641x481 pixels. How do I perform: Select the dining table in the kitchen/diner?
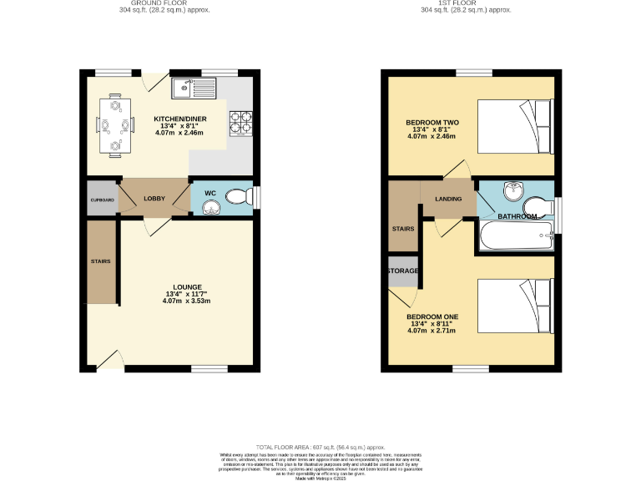click(x=114, y=125)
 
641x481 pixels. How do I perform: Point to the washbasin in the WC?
click(x=211, y=205)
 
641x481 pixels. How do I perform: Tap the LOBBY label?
click(x=154, y=199)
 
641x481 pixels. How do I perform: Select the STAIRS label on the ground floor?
click(x=100, y=261)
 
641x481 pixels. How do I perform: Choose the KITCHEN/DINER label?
click(x=179, y=119)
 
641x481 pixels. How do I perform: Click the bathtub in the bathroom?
click(x=513, y=236)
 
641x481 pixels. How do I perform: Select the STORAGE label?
click(x=402, y=271)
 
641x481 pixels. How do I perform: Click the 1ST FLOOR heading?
click(x=454, y=3)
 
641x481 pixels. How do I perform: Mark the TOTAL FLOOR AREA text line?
click(x=320, y=447)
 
